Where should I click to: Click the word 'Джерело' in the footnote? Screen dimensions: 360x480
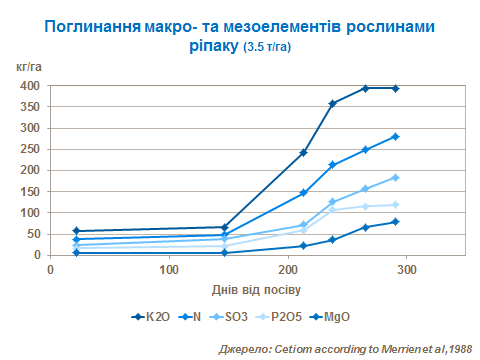tap(245, 348)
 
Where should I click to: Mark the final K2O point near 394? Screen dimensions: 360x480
tap(396, 88)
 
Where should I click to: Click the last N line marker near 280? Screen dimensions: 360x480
tap(396, 136)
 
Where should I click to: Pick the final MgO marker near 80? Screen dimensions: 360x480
tap(396, 221)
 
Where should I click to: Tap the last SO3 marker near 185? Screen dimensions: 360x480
tap(396, 177)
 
